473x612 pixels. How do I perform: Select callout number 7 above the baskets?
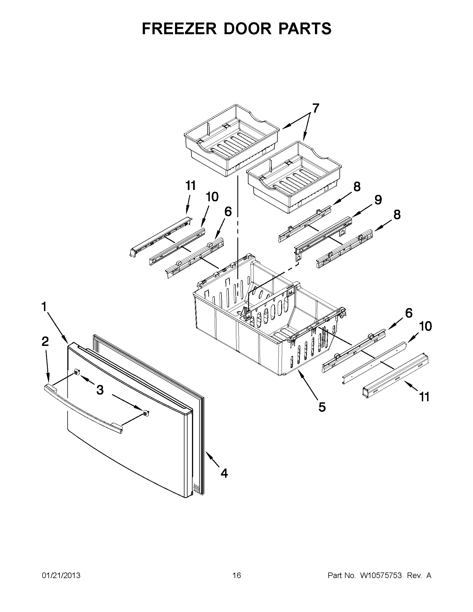[x=316, y=108]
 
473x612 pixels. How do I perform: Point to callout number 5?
[x=322, y=407]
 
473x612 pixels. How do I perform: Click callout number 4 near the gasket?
[x=224, y=473]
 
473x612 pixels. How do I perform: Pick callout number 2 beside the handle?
[x=45, y=341]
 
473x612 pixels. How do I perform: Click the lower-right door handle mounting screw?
[x=145, y=412]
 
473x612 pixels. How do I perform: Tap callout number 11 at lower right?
[x=424, y=397]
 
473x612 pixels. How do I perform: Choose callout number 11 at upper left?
[x=191, y=186]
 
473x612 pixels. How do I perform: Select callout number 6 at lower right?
[x=409, y=313]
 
